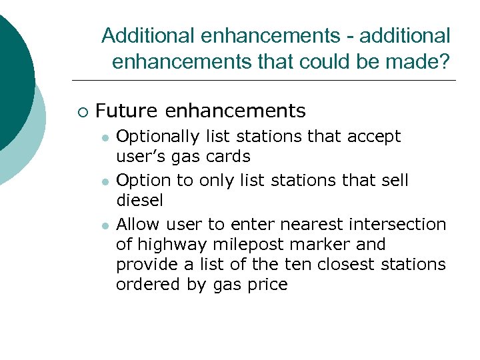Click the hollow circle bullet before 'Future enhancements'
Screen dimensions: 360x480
coord(82,111)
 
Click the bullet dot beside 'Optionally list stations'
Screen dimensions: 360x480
coord(105,137)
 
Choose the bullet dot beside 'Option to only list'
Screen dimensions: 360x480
coord(105,181)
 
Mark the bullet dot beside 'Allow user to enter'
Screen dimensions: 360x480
coord(105,225)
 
